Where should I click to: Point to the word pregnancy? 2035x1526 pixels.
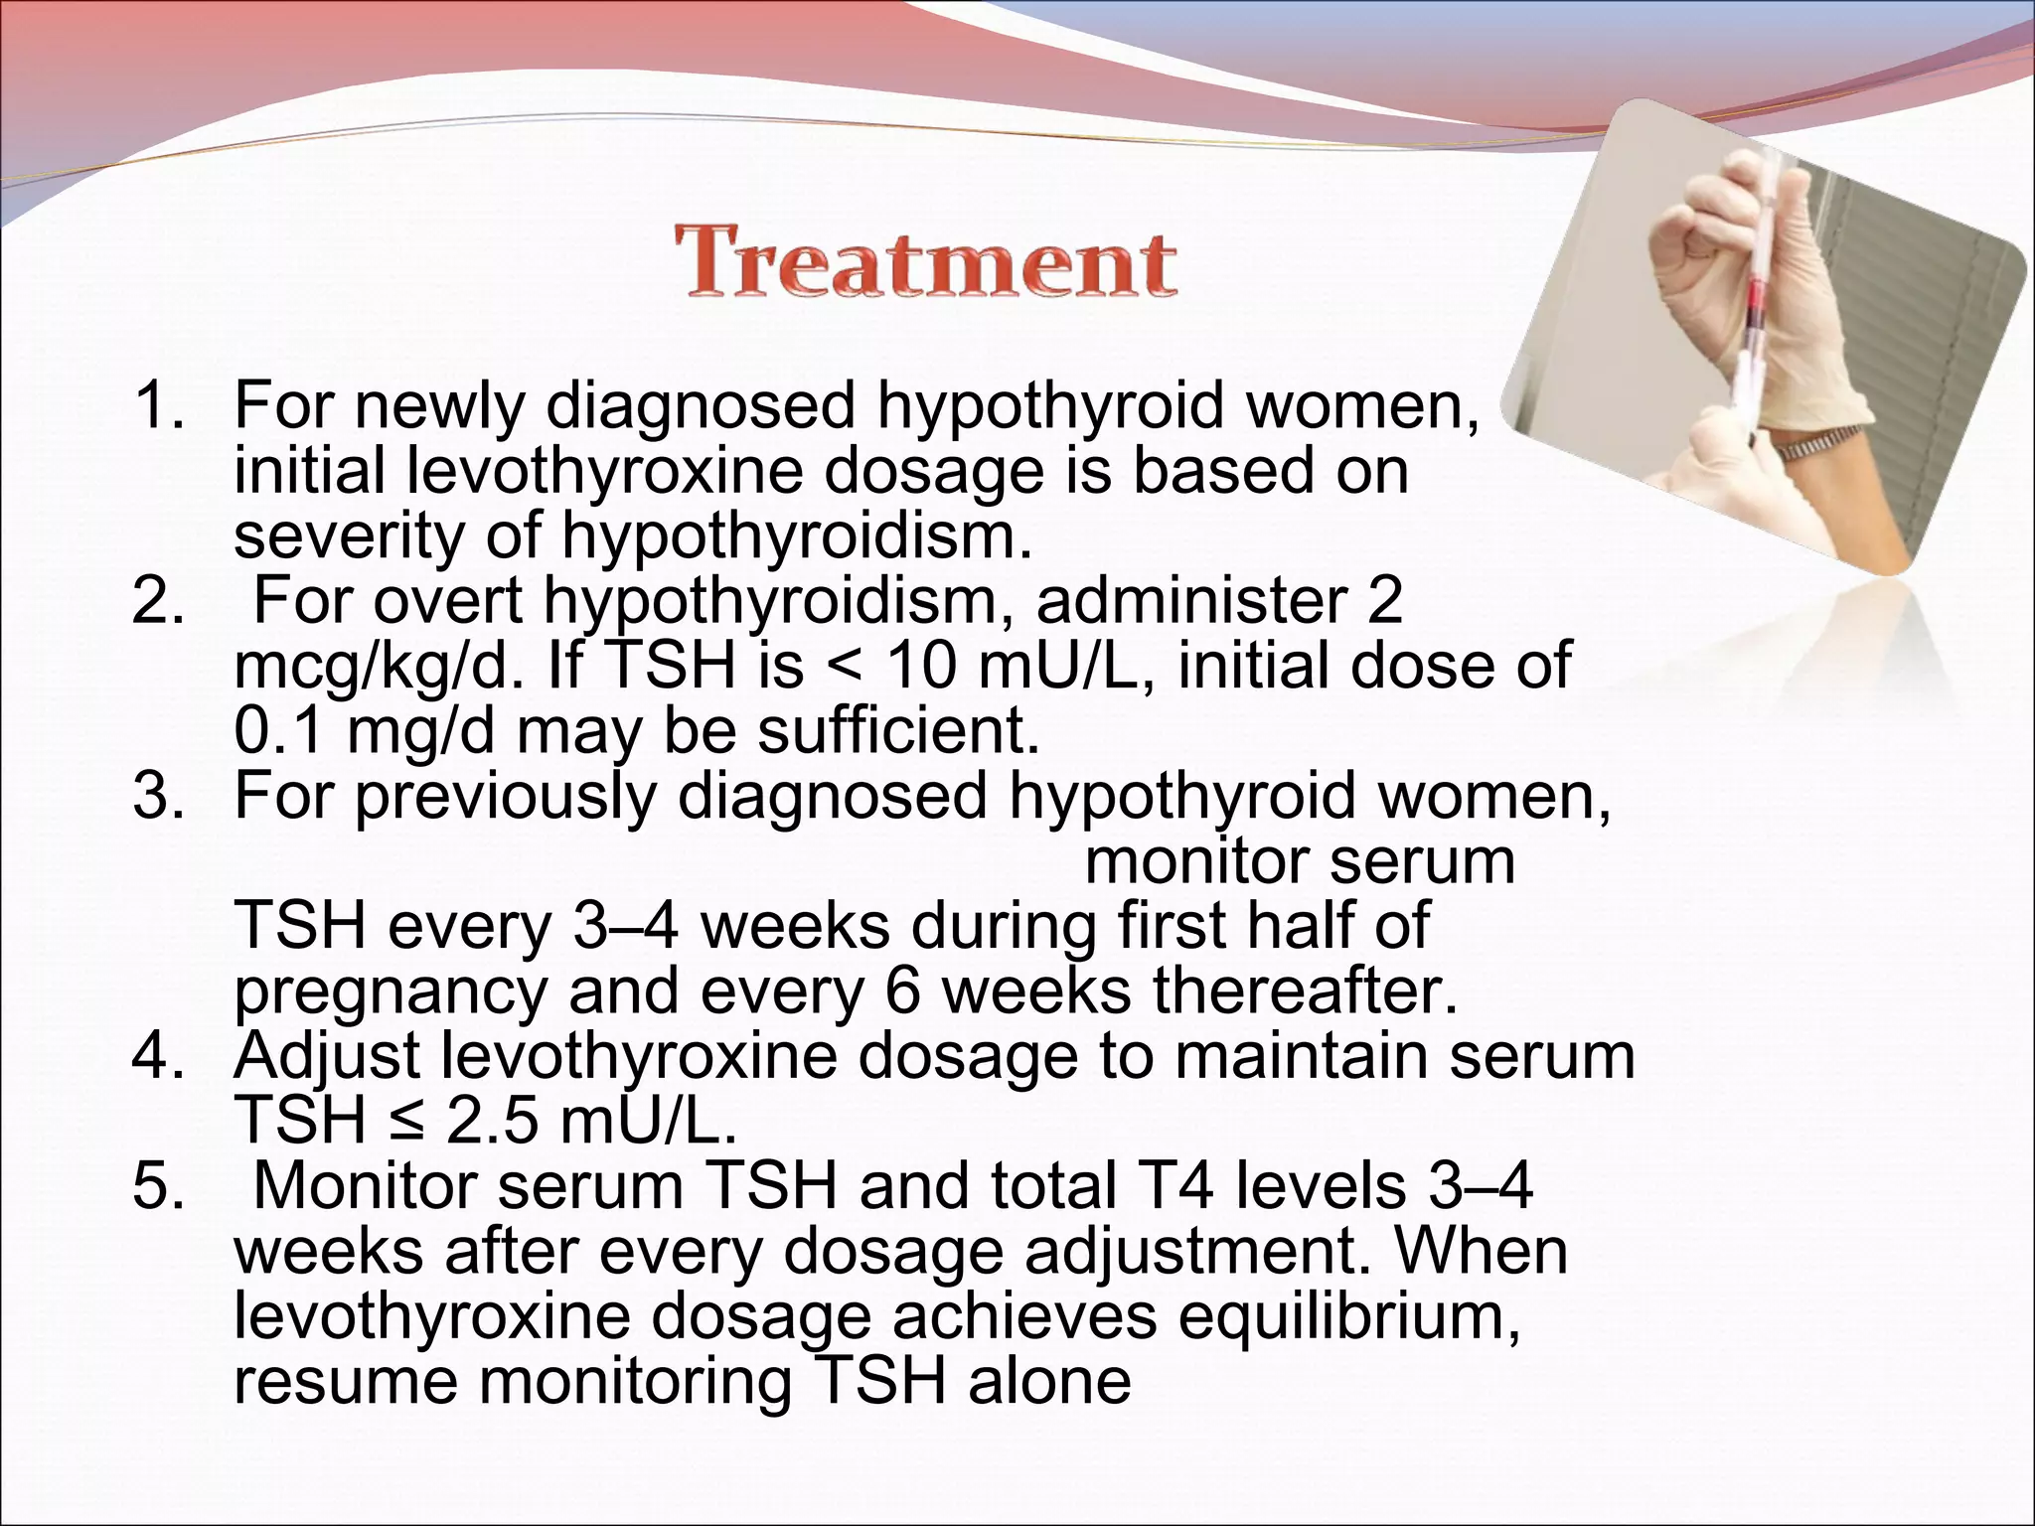click(x=390, y=992)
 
